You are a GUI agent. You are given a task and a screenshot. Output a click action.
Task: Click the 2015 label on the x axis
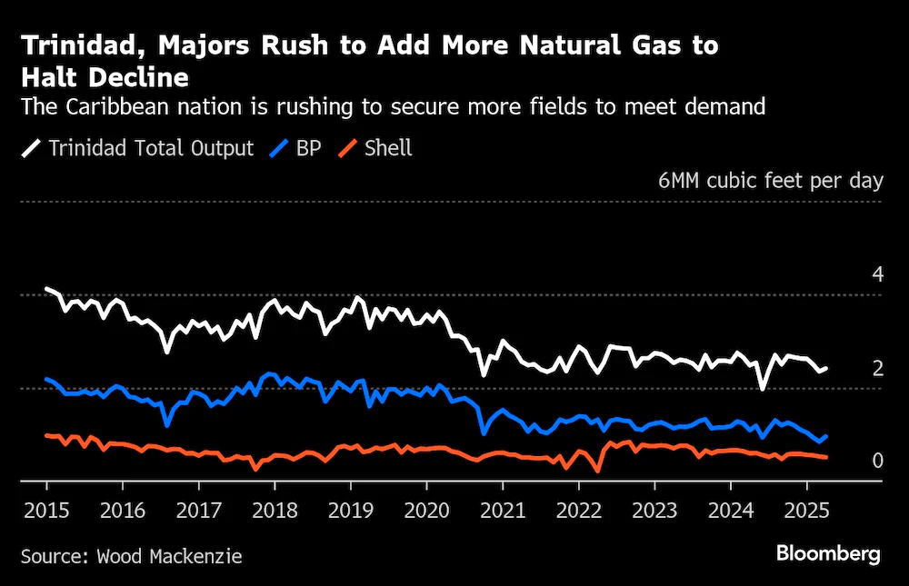(x=46, y=511)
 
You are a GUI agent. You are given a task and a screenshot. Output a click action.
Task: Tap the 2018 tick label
(x=275, y=511)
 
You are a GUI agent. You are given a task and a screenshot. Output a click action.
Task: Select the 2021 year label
(x=503, y=511)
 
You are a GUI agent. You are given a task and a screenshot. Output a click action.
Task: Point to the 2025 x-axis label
(x=806, y=511)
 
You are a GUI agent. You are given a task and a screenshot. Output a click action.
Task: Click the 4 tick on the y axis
(x=878, y=274)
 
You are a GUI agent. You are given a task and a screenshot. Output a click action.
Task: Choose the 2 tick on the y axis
(x=878, y=368)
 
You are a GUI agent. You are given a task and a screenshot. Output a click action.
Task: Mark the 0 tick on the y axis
(x=878, y=461)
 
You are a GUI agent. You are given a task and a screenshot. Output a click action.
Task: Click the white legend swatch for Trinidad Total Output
(x=31, y=148)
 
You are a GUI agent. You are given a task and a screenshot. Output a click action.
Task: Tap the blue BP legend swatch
(x=279, y=148)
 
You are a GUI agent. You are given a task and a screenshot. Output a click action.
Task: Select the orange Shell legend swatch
(x=347, y=148)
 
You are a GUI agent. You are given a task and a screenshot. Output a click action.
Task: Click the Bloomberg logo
(x=828, y=554)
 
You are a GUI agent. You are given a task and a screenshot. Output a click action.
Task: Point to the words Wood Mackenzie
(x=169, y=556)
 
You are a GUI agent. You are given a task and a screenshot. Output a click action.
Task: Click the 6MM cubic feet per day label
(x=771, y=181)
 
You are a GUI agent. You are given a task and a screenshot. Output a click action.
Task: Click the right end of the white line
(x=826, y=368)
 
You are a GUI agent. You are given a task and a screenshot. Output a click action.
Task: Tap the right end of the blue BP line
(x=826, y=436)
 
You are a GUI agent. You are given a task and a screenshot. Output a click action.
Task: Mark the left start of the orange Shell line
(x=46, y=434)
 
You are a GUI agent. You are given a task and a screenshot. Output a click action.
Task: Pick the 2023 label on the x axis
(x=654, y=511)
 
